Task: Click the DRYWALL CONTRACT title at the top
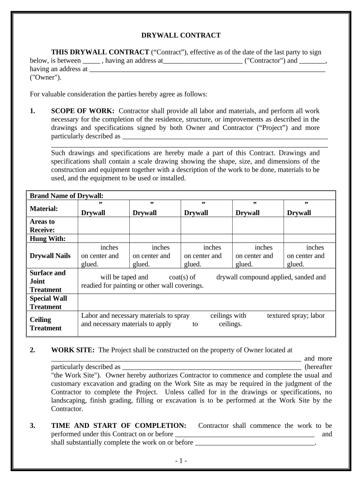click(181, 35)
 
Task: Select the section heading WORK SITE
click(73, 350)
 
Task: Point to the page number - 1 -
click(181, 461)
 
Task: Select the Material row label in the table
click(44, 208)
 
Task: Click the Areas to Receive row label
click(42, 225)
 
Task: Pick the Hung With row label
click(48, 238)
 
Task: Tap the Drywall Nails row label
click(50, 256)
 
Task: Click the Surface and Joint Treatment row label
click(47, 281)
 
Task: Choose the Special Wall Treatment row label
click(48, 302)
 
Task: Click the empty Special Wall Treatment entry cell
click(206, 302)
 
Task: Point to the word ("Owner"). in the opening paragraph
click(46, 77)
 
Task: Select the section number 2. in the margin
click(32, 350)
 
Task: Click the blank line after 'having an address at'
click(207, 69)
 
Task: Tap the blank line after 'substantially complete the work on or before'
click(254, 442)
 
